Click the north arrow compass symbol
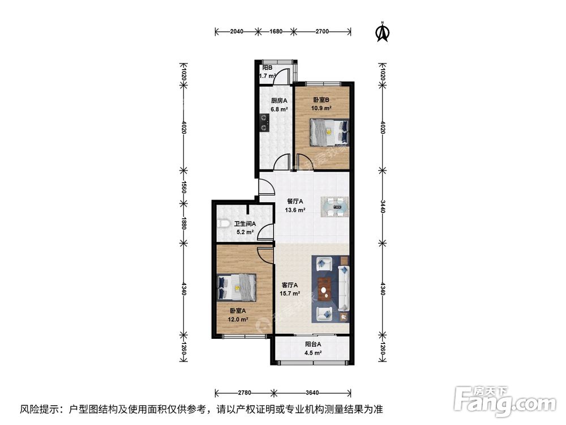pos(383,32)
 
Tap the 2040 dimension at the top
pos(236,32)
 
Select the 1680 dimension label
pos(275,32)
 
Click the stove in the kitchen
pos(264,122)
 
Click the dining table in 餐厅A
pos(336,206)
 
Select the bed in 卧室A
pos(237,287)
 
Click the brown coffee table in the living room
pos(324,288)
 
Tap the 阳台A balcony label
pos(313,344)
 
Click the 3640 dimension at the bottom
pos(311,392)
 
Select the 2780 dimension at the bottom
pos(244,392)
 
